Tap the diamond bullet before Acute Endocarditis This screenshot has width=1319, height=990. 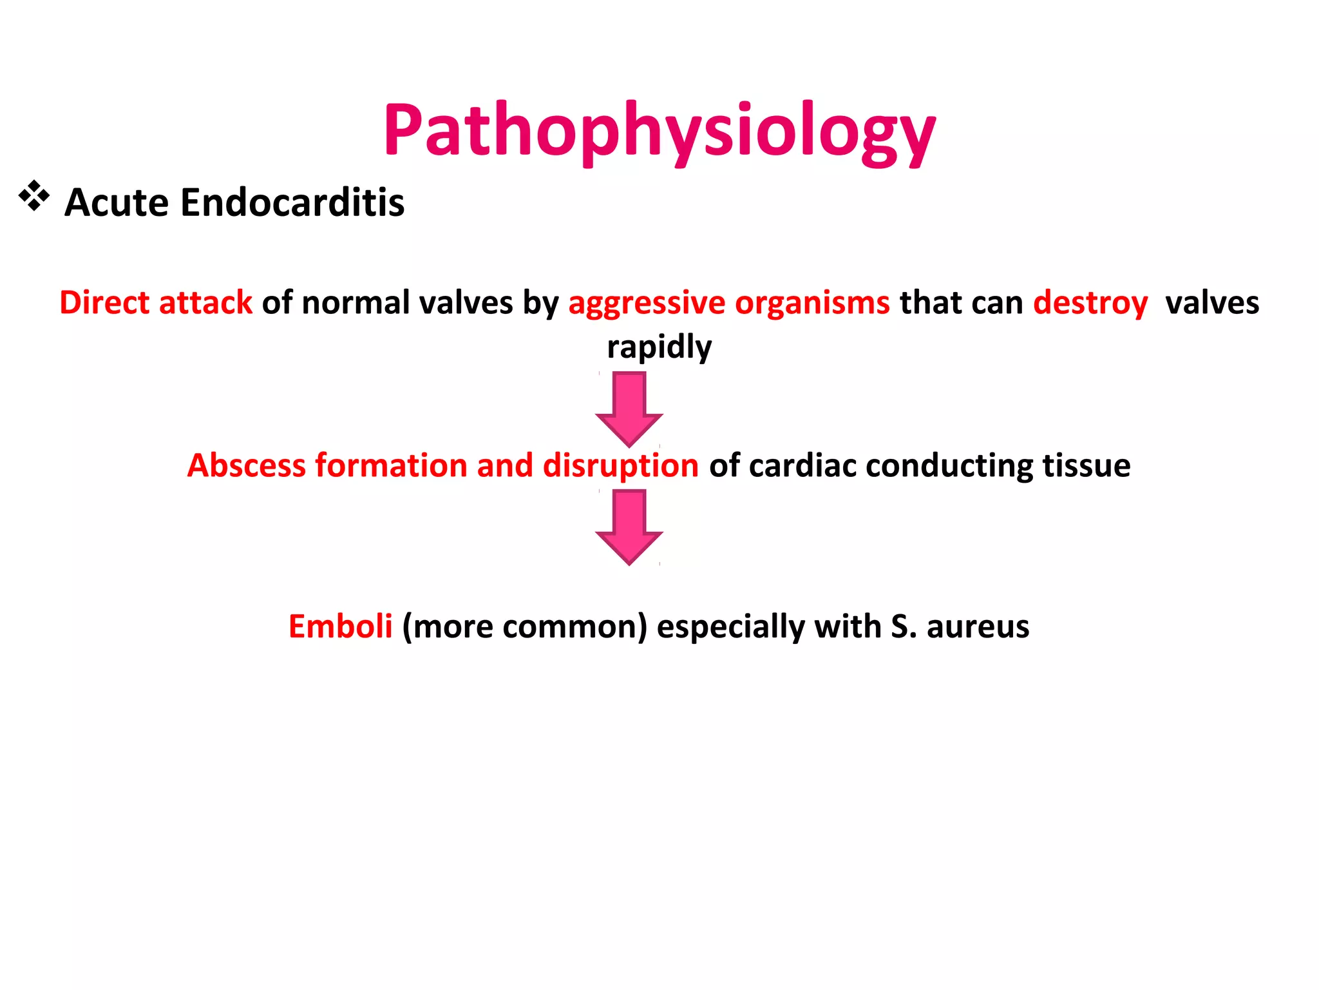34,197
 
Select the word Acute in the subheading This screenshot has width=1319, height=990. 117,202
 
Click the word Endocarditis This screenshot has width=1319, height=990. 292,202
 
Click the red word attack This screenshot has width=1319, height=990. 205,302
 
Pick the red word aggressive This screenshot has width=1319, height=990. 647,303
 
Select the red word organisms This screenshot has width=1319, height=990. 812,303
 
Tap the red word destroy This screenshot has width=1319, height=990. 1090,303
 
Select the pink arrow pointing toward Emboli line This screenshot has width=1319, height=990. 629,527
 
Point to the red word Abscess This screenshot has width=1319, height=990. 246,465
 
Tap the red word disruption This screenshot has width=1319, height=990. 620,465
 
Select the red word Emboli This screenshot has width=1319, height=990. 340,626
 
